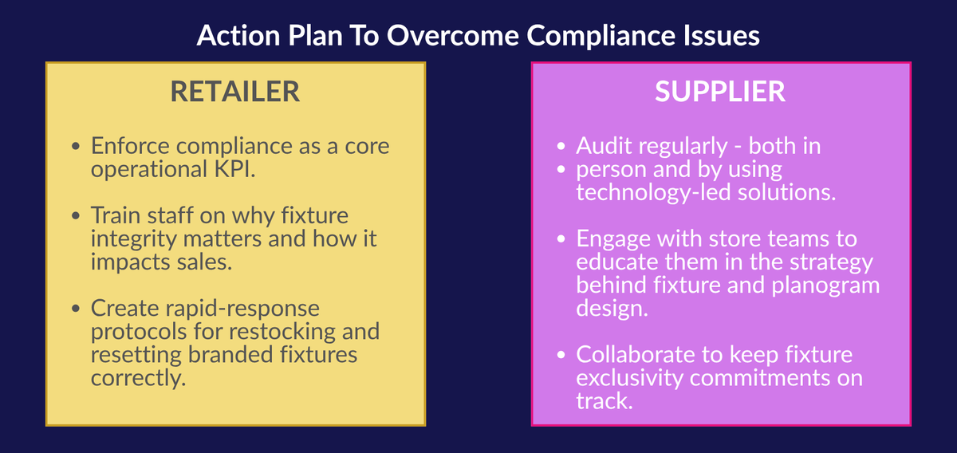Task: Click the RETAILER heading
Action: pos(235,92)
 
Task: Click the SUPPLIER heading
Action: pos(720,92)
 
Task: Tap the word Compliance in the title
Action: pos(601,36)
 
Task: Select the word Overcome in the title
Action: pos(453,35)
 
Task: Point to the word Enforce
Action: pos(130,146)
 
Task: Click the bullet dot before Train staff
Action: pos(76,216)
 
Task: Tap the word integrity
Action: pos(134,240)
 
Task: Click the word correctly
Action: pos(139,379)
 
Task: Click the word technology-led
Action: pos(654,193)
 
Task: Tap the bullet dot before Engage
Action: pos(561,239)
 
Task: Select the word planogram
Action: pos(825,286)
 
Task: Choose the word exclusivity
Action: pos(630,379)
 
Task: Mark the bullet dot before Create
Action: pos(76,309)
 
